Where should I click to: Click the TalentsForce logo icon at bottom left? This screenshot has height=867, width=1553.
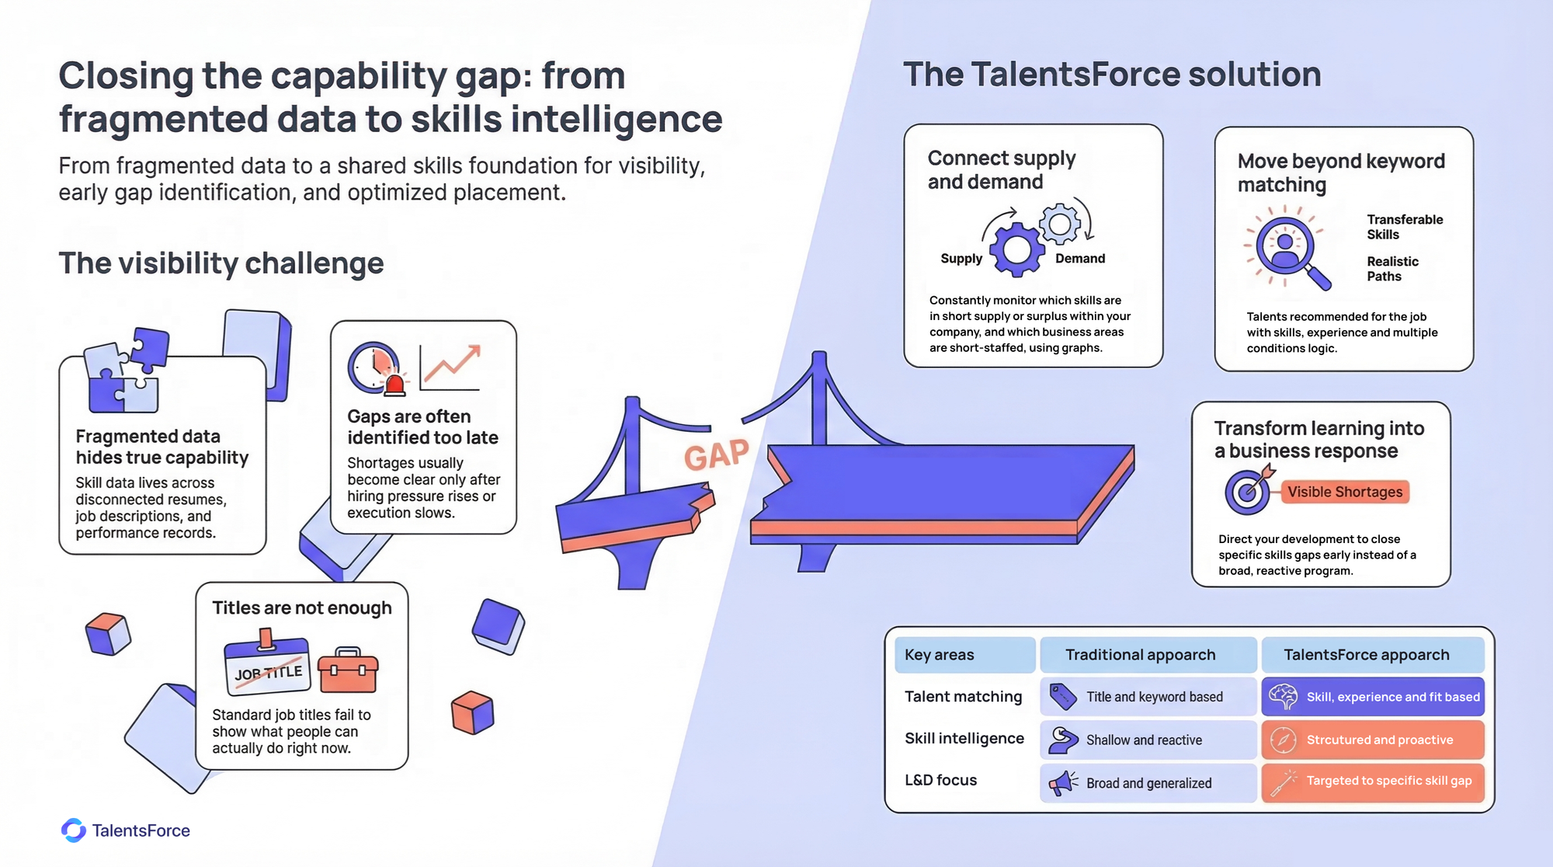tap(74, 830)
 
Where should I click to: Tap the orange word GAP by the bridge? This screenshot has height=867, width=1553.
tap(716, 455)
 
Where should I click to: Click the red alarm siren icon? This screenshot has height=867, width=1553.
tap(395, 385)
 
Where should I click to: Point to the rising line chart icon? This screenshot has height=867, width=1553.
tap(451, 367)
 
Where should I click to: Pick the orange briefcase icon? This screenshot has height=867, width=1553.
tap(348, 670)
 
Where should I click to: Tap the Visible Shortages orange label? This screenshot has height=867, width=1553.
tap(1345, 492)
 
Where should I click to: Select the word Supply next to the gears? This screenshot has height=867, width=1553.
tap(961, 259)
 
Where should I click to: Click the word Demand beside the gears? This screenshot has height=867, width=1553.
tap(1079, 259)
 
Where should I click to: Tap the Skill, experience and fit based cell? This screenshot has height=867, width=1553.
tap(1372, 697)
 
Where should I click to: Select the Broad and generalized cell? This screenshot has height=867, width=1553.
tap(1148, 783)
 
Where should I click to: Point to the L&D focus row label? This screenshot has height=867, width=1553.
tap(940, 780)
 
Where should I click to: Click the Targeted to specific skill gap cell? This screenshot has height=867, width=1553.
tap(1372, 782)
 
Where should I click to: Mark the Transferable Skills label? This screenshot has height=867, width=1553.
tap(1405, 227)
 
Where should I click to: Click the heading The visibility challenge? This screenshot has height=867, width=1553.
tap(221, 263)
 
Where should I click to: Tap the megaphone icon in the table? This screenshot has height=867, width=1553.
tap(1063, 783)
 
